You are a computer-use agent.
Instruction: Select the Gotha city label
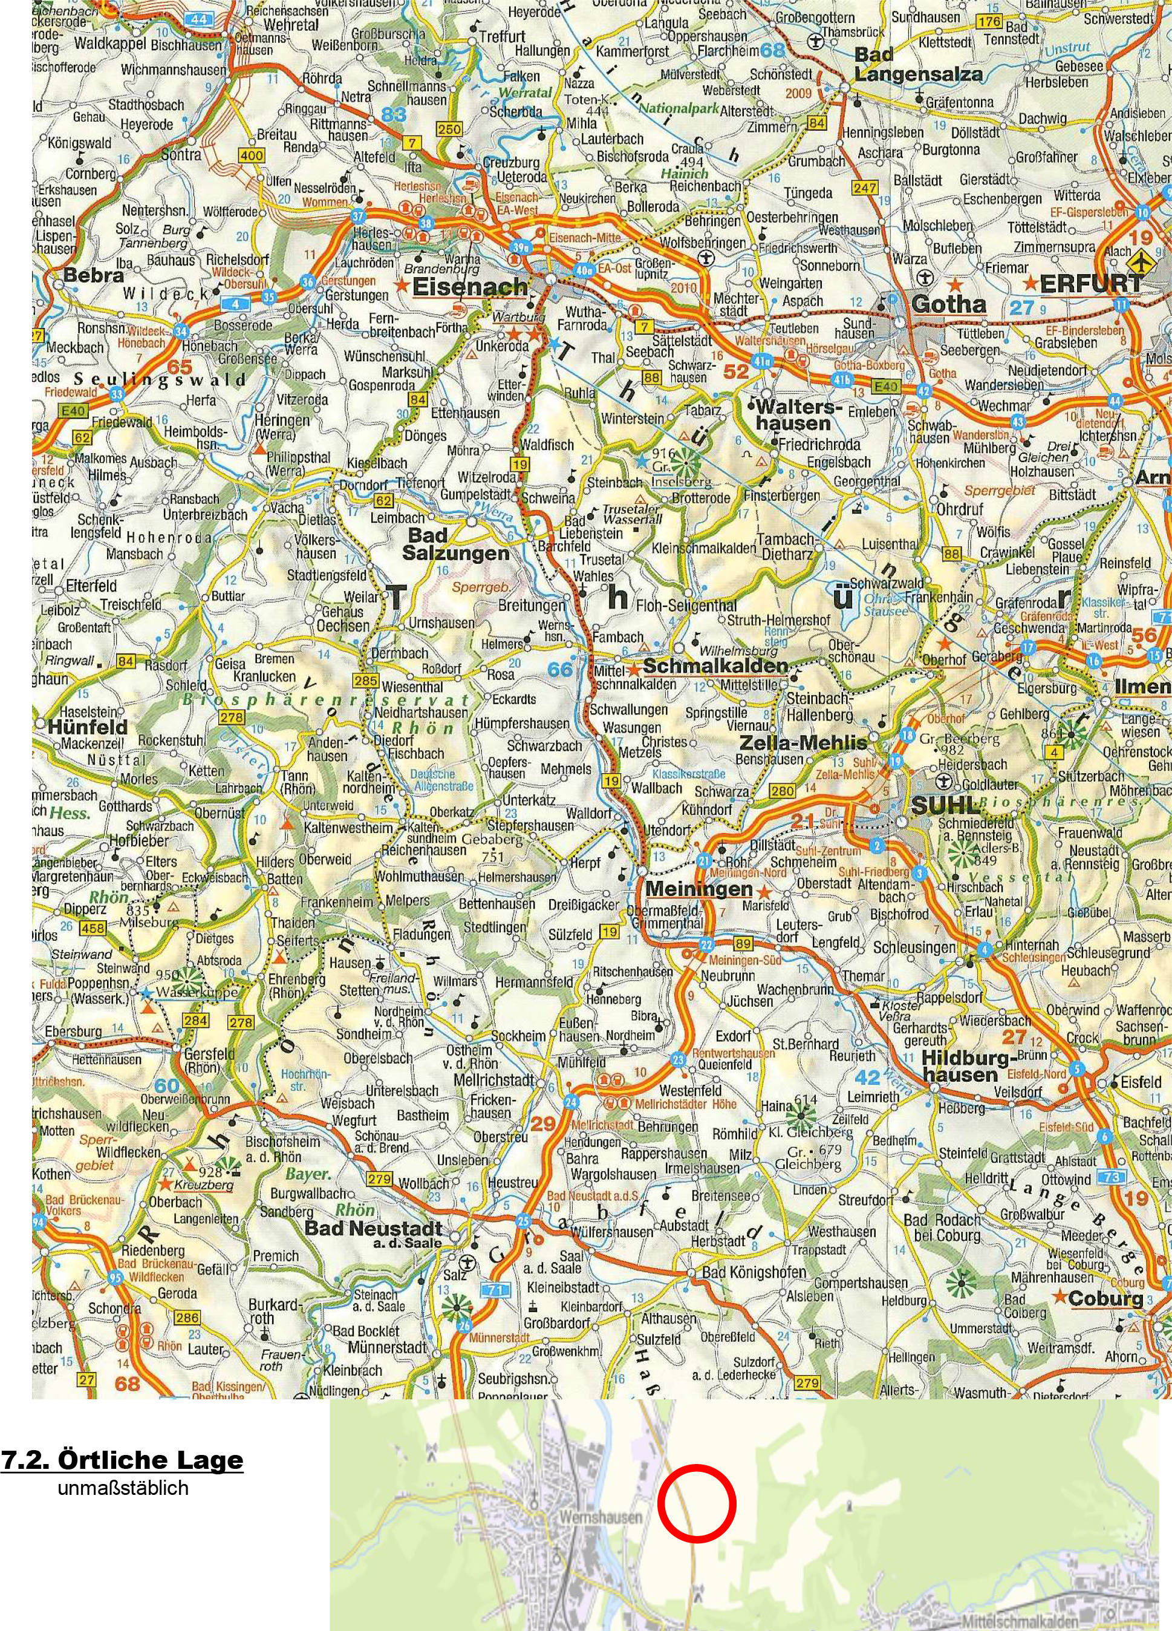(x=948, y=304)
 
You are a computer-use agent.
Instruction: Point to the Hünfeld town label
(x=87, y=727)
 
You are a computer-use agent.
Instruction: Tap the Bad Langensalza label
(x=917, y=64)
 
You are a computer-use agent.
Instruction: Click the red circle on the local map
(x=696, y=1502)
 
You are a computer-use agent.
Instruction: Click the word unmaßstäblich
(x=123, y=1487)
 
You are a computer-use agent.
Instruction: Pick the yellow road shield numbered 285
(x=366, y=681)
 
